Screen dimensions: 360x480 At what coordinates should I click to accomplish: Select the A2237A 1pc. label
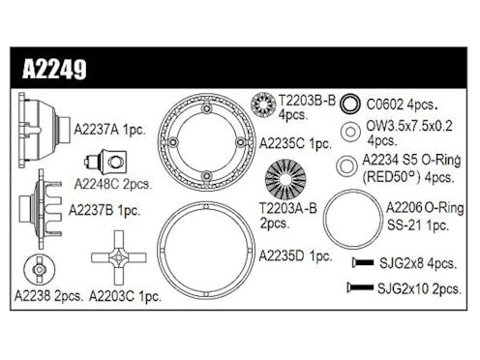point(108,126)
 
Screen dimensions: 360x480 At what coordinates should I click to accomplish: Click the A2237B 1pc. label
point(104,209)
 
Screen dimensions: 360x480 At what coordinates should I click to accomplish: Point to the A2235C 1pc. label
point(295,142)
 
